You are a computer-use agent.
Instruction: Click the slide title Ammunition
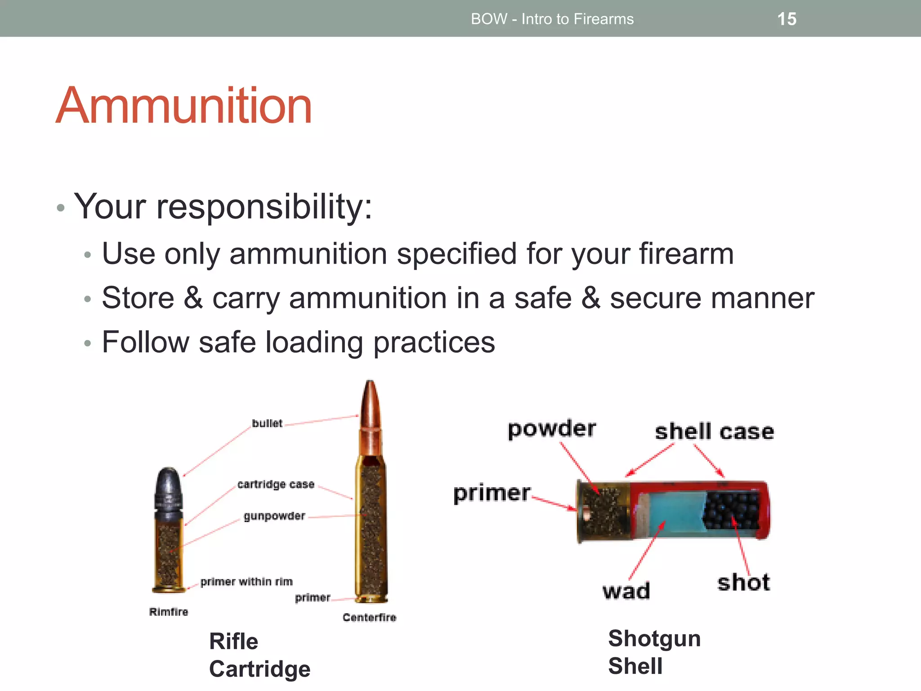click(x=183, y=106)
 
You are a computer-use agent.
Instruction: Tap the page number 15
click(x=787, y=19)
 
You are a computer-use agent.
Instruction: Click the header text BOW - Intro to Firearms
click(x=552, y=19)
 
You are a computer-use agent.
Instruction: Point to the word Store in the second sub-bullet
click(x=138, y=298)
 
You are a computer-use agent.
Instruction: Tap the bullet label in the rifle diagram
click(x=267, y=423)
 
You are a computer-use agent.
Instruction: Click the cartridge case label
click(x=276, y=485)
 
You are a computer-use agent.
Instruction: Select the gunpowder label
click(x=274, y=516)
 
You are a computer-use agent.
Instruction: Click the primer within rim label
click(x=246, y=582)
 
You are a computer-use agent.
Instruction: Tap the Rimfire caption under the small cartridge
click(x=169, y=612)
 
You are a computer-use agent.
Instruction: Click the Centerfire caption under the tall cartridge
click(x=369, y=617)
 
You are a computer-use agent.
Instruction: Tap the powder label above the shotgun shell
click(x=551, y=429)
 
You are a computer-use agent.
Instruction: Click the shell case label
click(x=714, y=432)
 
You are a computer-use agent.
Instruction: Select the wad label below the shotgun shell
click(x=626, y=591)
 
